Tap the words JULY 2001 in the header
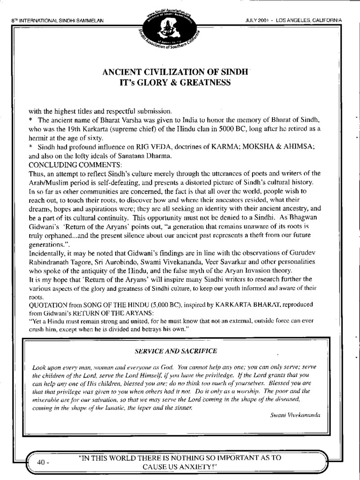(258, 20)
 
